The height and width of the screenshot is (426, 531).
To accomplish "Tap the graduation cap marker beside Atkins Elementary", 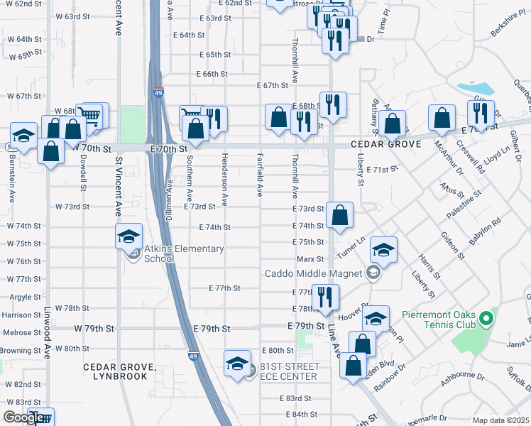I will coord(129,236).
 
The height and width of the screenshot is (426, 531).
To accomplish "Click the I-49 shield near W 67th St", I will coord(158,92).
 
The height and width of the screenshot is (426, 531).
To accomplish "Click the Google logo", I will coord(26,417).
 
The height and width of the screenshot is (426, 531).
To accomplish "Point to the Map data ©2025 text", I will coord(500,420).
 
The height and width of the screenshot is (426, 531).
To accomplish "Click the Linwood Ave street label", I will coord(48,342).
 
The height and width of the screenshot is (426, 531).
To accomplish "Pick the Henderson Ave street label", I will coord(224,188).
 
